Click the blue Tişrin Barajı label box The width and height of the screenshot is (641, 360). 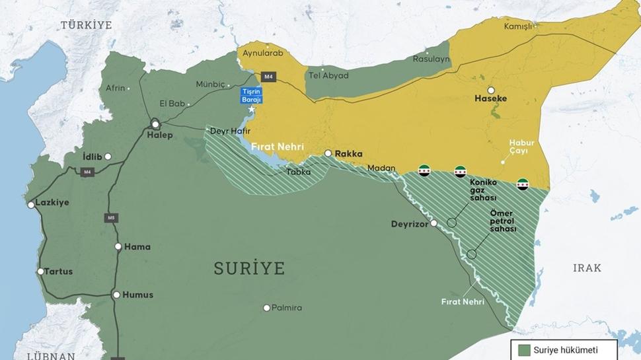(252, 94)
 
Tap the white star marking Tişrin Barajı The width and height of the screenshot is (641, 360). (251, 109)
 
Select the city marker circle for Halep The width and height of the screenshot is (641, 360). (155, 124)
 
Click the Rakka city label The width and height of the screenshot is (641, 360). (348, 154)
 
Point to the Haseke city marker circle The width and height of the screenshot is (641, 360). (491, 90)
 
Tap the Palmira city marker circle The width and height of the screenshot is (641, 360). (266, 308)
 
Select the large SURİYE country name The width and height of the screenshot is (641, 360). (249, 268)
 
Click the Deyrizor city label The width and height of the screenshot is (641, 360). (410, 223)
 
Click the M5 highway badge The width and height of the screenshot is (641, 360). (110, 217)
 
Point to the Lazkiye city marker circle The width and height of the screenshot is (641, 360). (31, 205)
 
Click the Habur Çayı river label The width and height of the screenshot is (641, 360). (521, 147)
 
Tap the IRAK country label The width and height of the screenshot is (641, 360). (587, 268)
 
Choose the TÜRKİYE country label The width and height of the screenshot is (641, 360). (87, 25)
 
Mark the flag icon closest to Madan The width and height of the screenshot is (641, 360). (424, 169)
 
